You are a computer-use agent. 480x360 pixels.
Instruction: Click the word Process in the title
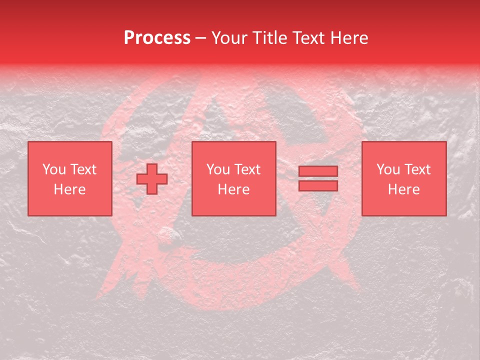157,38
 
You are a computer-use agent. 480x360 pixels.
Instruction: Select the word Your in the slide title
228,38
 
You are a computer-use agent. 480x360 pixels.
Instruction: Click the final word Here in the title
349,38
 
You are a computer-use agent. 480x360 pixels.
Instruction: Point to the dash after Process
201,38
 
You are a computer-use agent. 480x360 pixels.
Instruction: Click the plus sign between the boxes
152,178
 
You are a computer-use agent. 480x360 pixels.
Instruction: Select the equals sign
318,178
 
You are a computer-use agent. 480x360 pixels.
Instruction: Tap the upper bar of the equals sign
318,171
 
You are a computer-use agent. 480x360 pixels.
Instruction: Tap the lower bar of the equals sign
318,186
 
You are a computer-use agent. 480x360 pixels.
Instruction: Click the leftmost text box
69,178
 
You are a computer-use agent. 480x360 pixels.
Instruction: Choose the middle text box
233,178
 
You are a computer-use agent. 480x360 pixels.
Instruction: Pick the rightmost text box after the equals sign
403,178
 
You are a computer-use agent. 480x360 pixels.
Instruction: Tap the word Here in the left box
69,189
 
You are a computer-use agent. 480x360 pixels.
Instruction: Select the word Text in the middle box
247,169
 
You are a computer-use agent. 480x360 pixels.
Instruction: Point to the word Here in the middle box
233,189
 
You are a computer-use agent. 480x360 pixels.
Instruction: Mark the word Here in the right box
403,189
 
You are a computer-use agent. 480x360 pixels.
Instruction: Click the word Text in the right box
417,169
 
